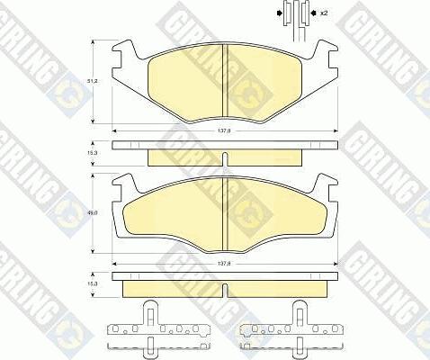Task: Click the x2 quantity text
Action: [324, 14]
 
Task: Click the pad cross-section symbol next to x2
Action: [293, 15]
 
